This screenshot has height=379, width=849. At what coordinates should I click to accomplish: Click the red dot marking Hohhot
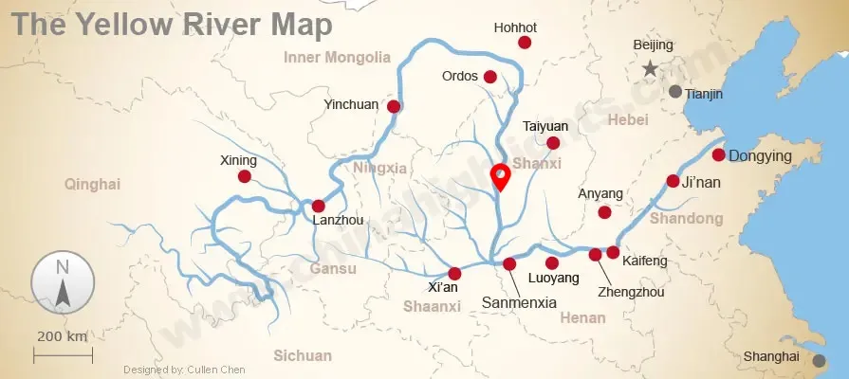coord(525,43)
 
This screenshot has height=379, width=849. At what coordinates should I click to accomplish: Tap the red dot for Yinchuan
coord(394,106)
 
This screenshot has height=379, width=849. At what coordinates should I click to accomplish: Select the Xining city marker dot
coord(245,176)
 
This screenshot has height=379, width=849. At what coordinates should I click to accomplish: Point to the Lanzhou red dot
coord(319,206)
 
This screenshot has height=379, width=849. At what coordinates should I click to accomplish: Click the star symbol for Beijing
coord(650,68)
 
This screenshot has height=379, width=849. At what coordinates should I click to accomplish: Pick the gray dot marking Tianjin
coord(674,92)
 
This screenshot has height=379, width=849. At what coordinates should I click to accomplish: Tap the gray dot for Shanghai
coord(819,360)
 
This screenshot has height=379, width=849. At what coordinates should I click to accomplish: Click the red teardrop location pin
coord(499,176)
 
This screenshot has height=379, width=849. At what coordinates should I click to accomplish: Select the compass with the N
coord(63,283)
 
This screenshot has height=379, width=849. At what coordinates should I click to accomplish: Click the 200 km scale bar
coord(63,355)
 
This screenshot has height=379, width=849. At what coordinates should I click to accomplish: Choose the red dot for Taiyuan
coord(554,143)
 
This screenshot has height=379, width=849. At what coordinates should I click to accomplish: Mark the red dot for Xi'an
coord(454,273)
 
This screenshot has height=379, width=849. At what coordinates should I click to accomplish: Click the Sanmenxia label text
coord(519,302)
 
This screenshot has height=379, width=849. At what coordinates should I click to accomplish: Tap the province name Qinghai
coord(93,184)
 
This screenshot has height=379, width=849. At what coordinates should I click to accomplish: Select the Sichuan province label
coord(303,355)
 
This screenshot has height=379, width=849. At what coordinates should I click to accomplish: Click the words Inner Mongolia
coord(337,57)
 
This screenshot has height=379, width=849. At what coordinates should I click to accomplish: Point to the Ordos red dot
coord(490,77)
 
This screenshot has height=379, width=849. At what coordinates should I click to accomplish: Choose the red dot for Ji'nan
coord(673,181)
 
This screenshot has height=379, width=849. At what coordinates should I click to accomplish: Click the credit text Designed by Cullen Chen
coord(184,370)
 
